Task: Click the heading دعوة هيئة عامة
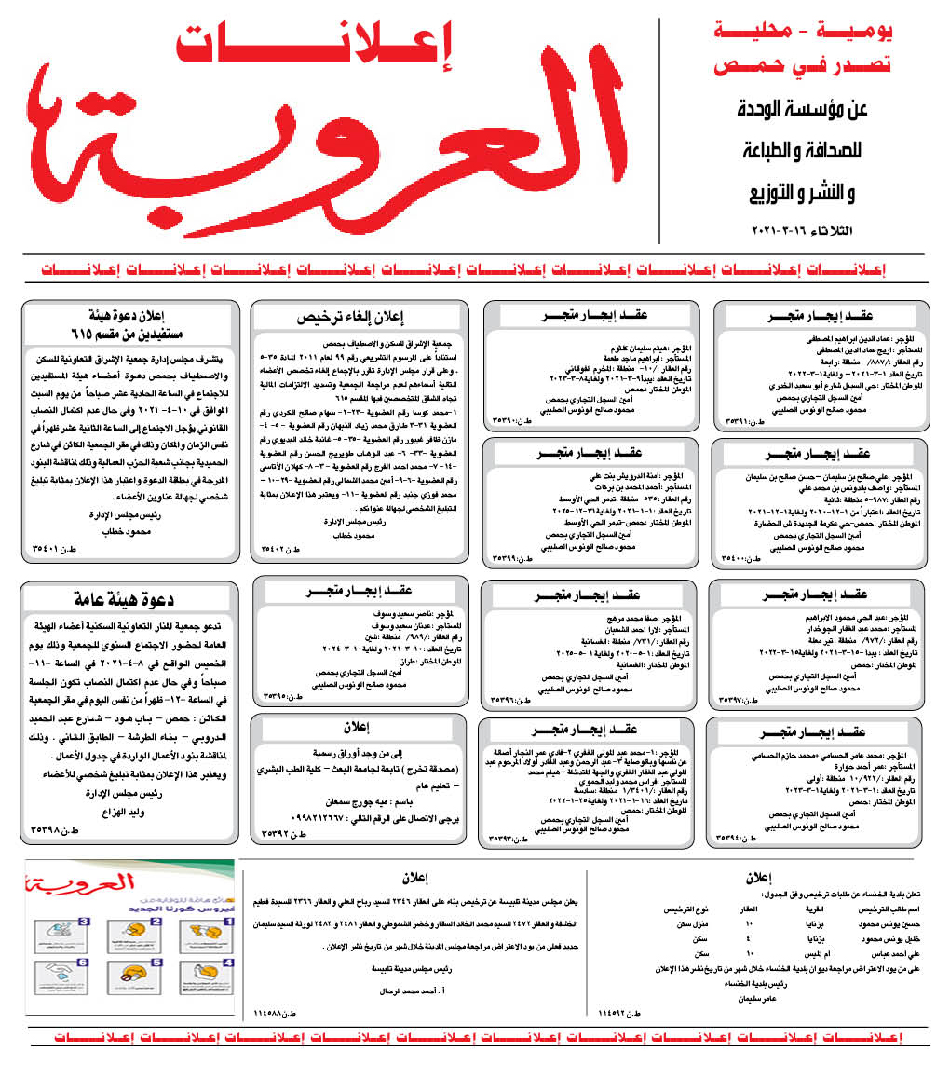130,600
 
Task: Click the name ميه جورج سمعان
363,801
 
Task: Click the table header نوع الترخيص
685,908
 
